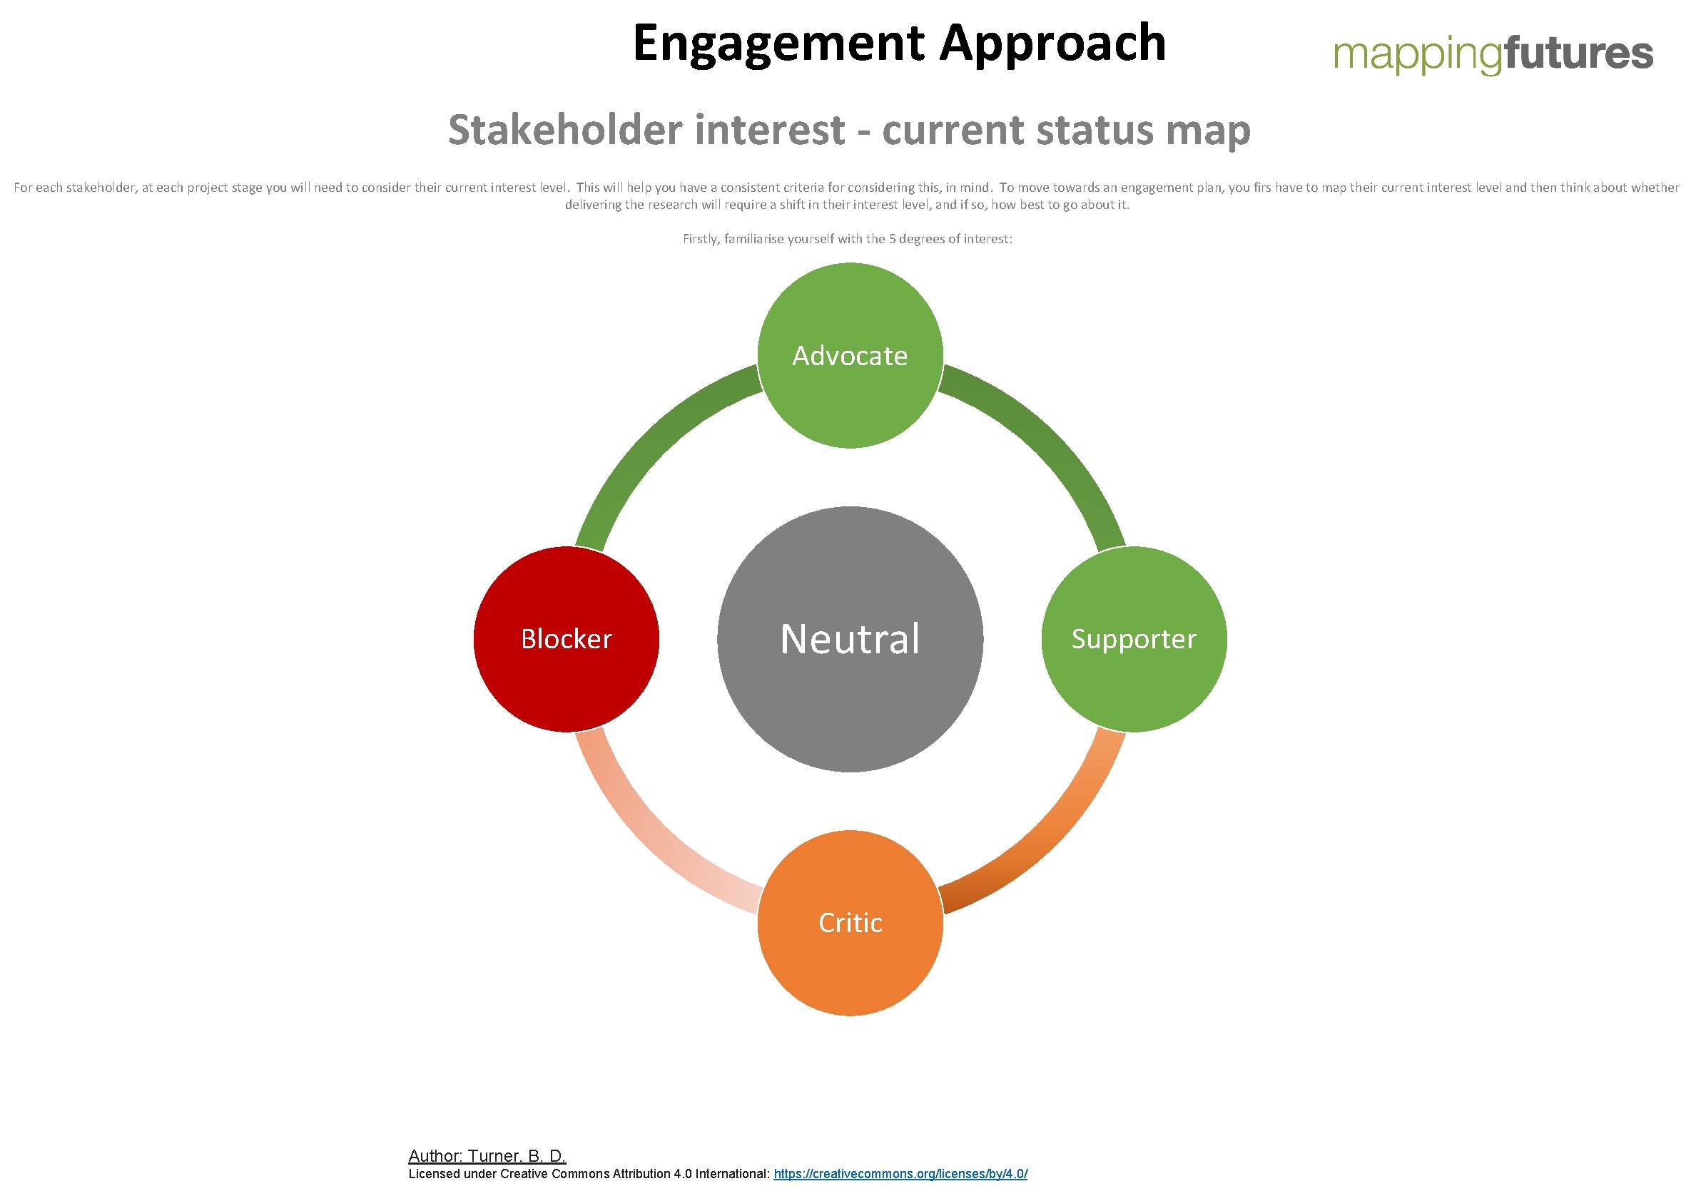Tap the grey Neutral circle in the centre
point(850,703)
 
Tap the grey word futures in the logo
point(1578,55)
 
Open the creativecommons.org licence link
point(900,1174)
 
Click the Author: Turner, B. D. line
point(487,1156)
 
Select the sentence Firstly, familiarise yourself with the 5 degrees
point(847,239)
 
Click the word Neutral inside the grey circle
point(850,639)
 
